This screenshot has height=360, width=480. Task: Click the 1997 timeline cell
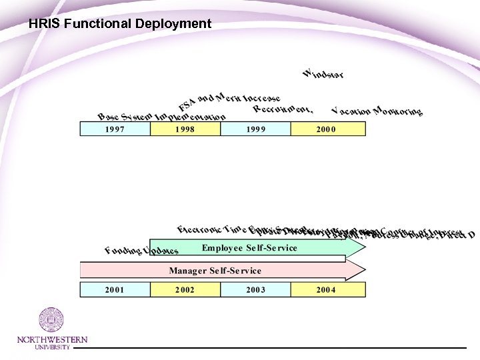pyautogui.click(x=115, y=129)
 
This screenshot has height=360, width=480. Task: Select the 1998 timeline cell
pyautogui.click(x=185, y=129)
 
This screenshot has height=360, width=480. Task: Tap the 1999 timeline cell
pyautogui.click(x=255, y=129)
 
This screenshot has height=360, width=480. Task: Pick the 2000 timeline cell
pyautogui.click(x=326, y=129)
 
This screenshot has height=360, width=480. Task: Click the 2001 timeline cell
pyautogui.click(x=115, y=289)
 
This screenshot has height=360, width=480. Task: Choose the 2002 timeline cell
pyautogui.click(x=185, y=289)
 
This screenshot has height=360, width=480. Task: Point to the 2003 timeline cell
pyautogui.click(x=255, y=289)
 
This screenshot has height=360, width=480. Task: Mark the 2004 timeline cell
pyautogui.click(x=326, y=289)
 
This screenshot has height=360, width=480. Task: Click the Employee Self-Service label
pyautogui.click(x=249, y=248)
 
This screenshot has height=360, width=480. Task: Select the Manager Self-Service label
pyautogui.click(x=215, y=271)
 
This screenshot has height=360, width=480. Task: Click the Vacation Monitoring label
pyautogui.click(x=377, y=111)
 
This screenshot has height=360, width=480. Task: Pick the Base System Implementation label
pyautogui.click(x=161, y=115)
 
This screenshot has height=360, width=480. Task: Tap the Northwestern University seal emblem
pyautogui.click(x=51, y=320)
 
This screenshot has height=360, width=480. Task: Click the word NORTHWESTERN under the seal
pyautogui.click(x=52, y=340)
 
